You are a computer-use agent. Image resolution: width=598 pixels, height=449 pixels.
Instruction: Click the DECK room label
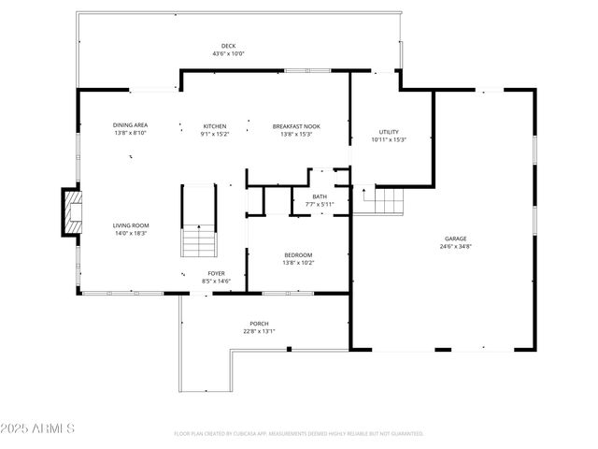(228, 46)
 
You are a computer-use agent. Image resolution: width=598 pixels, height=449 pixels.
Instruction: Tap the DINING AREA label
(130, 125)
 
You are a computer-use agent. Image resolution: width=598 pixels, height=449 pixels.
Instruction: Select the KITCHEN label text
(215, 125)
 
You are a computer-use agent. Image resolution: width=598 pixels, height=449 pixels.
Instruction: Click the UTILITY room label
(389, 132)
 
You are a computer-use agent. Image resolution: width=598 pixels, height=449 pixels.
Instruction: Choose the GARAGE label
(455, 239)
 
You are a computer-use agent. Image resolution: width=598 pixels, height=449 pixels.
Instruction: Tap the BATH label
(306, 196)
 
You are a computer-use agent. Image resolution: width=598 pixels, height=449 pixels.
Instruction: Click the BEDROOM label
(299, 254)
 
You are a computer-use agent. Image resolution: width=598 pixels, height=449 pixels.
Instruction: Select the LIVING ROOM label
(132, 225)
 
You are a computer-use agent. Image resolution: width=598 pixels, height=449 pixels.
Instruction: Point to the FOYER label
(216, 273)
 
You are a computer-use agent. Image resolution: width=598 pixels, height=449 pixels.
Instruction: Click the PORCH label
(259, 323)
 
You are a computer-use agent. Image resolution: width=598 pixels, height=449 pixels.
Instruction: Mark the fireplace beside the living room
(72, 211)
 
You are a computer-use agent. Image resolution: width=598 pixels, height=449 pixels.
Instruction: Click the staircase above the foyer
(198, 221)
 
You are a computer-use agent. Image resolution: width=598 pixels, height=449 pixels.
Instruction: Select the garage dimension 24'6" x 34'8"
(455, 246)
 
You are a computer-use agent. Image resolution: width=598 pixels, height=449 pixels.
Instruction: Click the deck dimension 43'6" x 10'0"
(228, 53)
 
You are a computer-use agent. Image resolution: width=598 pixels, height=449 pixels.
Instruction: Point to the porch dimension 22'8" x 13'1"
(259, 330)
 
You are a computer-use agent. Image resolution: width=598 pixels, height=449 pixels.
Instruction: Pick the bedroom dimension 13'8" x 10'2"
(299, 262)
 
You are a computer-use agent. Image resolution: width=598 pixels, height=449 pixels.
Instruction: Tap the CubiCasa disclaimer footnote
(299, 434)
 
